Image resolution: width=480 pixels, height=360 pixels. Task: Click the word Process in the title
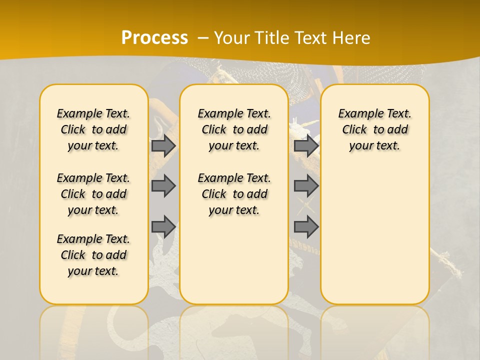pyautogui.click(x=154, y=38)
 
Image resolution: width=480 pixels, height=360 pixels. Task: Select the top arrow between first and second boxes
pyautogui.click(x=163, y=145)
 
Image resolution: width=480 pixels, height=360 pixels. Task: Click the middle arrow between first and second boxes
pyautogui.click(x=163, y=186)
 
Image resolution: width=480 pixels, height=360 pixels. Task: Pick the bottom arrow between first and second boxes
pyautogui.click(x=163, y=226)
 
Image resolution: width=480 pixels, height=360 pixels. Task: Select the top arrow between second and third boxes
pyautogui.click(x=306, y=145)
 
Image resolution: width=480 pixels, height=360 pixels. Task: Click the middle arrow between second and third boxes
pyautogui.click(x=306, y=186)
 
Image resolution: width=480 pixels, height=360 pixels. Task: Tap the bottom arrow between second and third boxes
pyautogui.click(x=306, y=226)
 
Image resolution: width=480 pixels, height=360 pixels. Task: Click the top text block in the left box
pyautogui.click(x=93, y=129)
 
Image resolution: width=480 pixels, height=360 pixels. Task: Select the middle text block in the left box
pyautogui.click(x=93, y=194)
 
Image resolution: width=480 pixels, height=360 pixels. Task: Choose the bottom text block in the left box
pyautogui.click(x=93, y=255)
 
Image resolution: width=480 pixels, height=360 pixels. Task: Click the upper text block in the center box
pyautogui.click(x=234, y=129)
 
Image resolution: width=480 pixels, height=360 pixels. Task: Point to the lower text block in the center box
pyautogui.click(x=234, y=194)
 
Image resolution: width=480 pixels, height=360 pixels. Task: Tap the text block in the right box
pyautogui.click(x=374, y=129)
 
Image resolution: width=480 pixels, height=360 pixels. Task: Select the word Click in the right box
pyautogui.click(x=354, y=130)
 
